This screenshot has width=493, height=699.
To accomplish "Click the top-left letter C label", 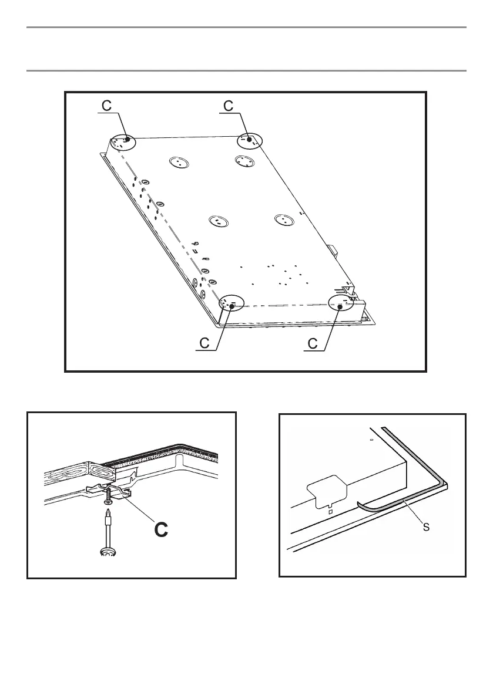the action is coord(106,106).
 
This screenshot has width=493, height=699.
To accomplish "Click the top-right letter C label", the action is coord(229,106).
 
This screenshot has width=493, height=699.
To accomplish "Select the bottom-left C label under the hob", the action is coord(204,343).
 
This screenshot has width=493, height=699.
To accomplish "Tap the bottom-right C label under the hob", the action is coord(313,343).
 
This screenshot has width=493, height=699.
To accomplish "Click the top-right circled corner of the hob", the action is coord(250,140).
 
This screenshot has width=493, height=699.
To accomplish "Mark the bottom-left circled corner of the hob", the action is coord(232,303).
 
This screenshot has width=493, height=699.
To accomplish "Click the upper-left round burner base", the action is coord(179,162).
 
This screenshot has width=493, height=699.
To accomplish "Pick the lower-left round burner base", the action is coord(218,221).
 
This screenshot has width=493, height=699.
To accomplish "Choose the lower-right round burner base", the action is coord(284,220).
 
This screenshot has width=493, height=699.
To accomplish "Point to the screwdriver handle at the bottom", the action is coord(108,552).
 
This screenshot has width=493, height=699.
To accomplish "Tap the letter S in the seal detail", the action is coord(426,527).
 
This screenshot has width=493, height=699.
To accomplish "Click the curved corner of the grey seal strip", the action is coord(442,483).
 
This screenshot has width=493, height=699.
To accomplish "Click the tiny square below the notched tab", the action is coord(331,512).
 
